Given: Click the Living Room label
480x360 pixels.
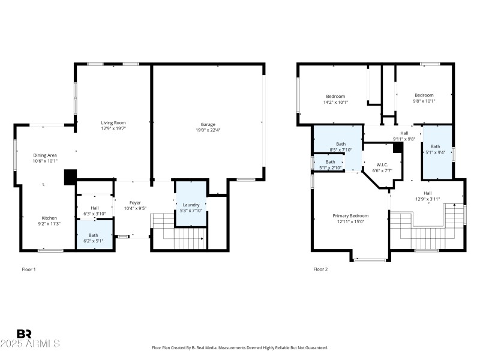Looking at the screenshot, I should click(113, 122).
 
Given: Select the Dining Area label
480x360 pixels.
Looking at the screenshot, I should click(44, 155).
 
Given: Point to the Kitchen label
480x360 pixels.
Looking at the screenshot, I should click(49, 218).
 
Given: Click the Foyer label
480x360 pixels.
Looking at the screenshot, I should click(135, 203).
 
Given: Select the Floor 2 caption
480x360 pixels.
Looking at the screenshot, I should click(320, 269).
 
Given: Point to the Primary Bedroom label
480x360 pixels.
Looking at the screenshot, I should click(350, 215).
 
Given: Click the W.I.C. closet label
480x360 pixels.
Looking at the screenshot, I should click(383, 164).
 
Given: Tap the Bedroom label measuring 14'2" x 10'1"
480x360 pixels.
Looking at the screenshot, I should click(335, 96).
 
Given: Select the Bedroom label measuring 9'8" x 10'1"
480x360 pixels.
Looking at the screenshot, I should click(424, 95).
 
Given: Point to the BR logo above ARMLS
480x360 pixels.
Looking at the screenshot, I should click(24, 334).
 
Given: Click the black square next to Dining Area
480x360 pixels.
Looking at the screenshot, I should click(70, 176).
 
